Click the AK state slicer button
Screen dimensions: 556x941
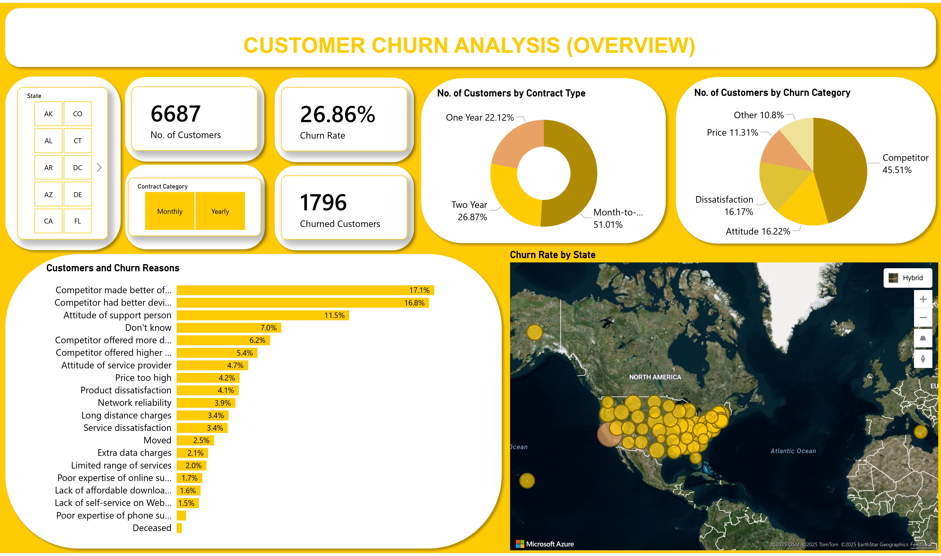48,114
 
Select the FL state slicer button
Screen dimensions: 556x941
78,221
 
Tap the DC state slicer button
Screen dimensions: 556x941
78,167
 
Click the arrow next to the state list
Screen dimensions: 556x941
99,167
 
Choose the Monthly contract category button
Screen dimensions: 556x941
170,211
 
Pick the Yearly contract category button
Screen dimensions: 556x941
220,211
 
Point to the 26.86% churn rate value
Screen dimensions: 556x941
337,115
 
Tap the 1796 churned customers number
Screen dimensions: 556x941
323,203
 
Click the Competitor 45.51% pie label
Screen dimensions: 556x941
905,164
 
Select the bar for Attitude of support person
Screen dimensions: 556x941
263,315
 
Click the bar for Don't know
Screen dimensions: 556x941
229,328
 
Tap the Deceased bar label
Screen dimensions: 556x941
152,528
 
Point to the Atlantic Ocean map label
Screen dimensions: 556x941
793,451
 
